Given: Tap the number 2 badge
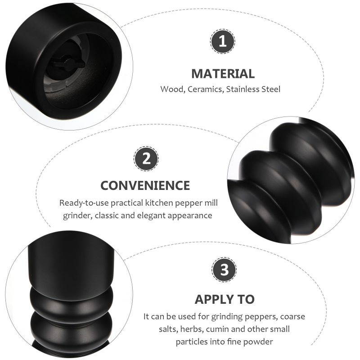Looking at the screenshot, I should (146, 159).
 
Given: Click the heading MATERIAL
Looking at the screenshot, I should (223, 73).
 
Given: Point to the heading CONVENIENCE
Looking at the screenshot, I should (145, 185).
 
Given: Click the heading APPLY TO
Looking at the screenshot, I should (225, 299).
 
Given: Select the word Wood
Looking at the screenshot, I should (171, 89).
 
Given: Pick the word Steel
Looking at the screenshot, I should (271, 89).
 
